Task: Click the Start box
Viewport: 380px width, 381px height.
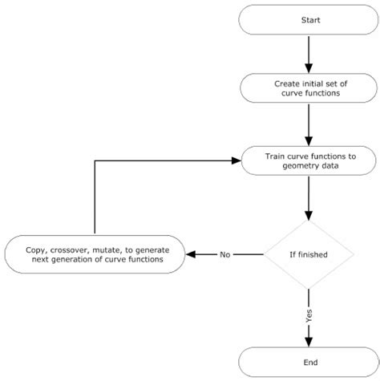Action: pyautogui.click(x=309, y=19)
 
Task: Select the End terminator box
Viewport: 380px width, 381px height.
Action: pyautogui.click(x=309, y=361)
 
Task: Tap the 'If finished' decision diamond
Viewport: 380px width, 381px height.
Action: pyautogui.click(x=309, y=254)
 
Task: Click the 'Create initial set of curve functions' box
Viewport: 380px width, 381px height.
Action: pyautogui.click(x=309, y=88)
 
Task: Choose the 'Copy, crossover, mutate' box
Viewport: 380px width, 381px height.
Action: pyautogui.click(x=94, y=254)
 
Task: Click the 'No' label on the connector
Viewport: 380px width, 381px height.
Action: pyautogui.click(x=225, y=254)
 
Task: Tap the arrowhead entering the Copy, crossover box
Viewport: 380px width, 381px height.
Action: pyautogui.click(x=191, y=254)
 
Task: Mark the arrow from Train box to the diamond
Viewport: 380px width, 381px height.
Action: pyautogui.click(x=309, y=199)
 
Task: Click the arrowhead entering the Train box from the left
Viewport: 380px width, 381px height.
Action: pyautogui.click(x=236, y=161)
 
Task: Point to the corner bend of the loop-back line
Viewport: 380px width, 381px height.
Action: pyautogui.click(x=95, y=161)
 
